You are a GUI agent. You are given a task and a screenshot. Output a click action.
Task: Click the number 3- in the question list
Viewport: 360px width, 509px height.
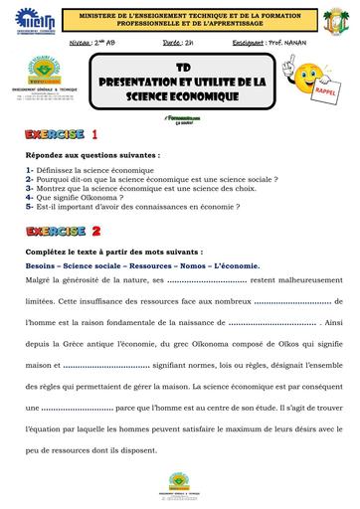tap(32, 184)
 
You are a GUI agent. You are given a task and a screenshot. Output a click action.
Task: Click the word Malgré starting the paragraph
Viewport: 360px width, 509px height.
tap(42, 281)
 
